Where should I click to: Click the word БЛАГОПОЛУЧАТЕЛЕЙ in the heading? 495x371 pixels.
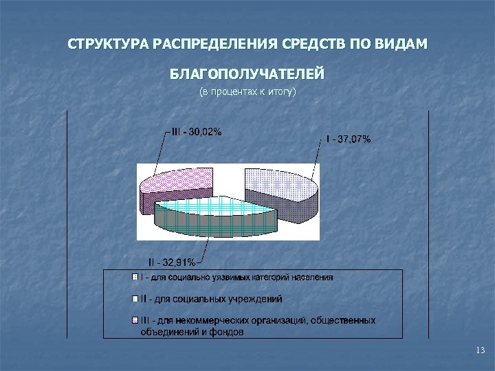247,74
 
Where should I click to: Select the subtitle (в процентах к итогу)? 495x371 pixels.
247,91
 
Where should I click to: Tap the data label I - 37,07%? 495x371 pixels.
349,139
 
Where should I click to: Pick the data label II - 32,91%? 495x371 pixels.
172,261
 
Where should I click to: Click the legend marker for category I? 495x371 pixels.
135,278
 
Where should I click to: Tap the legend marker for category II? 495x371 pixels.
135,299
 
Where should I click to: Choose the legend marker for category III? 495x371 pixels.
135,320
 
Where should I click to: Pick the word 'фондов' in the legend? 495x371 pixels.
231,332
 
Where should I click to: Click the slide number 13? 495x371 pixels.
480,351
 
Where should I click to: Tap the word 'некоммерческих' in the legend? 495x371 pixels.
219,320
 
